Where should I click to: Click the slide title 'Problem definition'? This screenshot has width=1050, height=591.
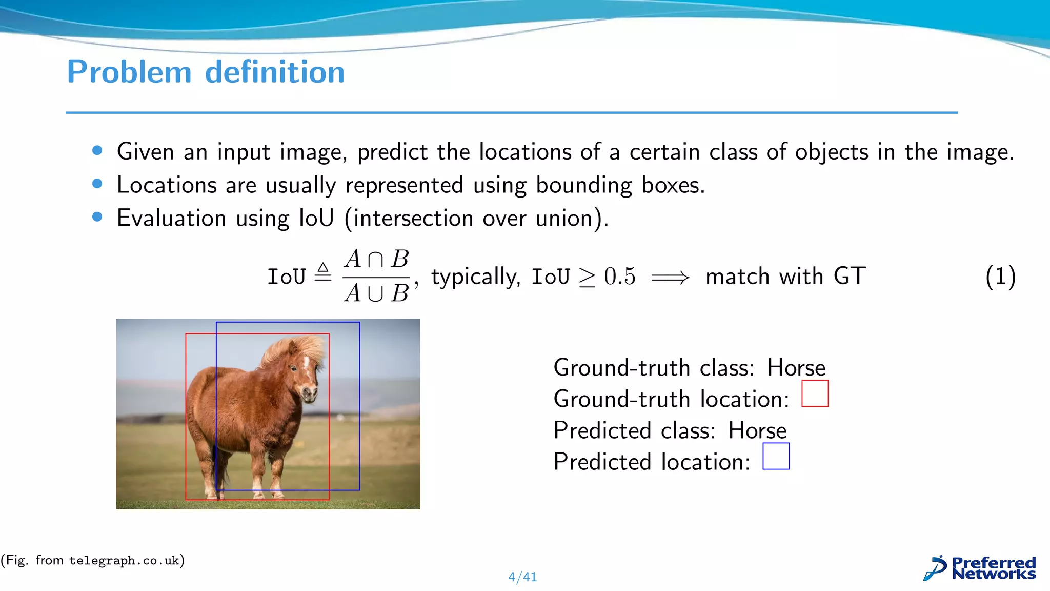pos(206,72)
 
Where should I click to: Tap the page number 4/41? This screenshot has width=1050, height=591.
pos(522,577)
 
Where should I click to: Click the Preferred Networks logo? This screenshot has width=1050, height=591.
pos(980,568)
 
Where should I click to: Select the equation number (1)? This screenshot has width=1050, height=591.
pos(1000,277)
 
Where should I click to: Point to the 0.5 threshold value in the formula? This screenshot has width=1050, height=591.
pos(619,277)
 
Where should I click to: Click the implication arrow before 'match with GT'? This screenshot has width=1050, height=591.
pos(670,278)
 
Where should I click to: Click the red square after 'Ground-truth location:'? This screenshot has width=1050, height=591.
pos(815,393)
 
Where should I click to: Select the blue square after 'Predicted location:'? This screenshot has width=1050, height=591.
pos(776,456)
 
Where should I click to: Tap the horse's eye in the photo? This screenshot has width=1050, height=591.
pos(293,368)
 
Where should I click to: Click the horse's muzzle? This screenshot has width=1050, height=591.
pos(310,394)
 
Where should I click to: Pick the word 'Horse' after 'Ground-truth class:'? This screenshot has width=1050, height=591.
pos(796,368)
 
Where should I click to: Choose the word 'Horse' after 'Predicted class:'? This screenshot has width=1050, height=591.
pos(757,430)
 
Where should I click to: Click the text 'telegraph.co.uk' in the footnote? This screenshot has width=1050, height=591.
pos(124,561)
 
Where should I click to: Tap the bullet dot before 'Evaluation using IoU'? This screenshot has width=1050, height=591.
pos(97,217)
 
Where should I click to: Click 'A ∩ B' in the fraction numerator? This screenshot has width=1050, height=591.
pos(376,259)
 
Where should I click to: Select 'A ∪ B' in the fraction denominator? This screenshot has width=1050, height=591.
pos(376,293)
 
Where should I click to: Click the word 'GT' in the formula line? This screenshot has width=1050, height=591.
pos(850,277)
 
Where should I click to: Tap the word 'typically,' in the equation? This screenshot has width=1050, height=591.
pos(475,277)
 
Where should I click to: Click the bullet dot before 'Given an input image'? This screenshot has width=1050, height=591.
pos(97,151)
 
